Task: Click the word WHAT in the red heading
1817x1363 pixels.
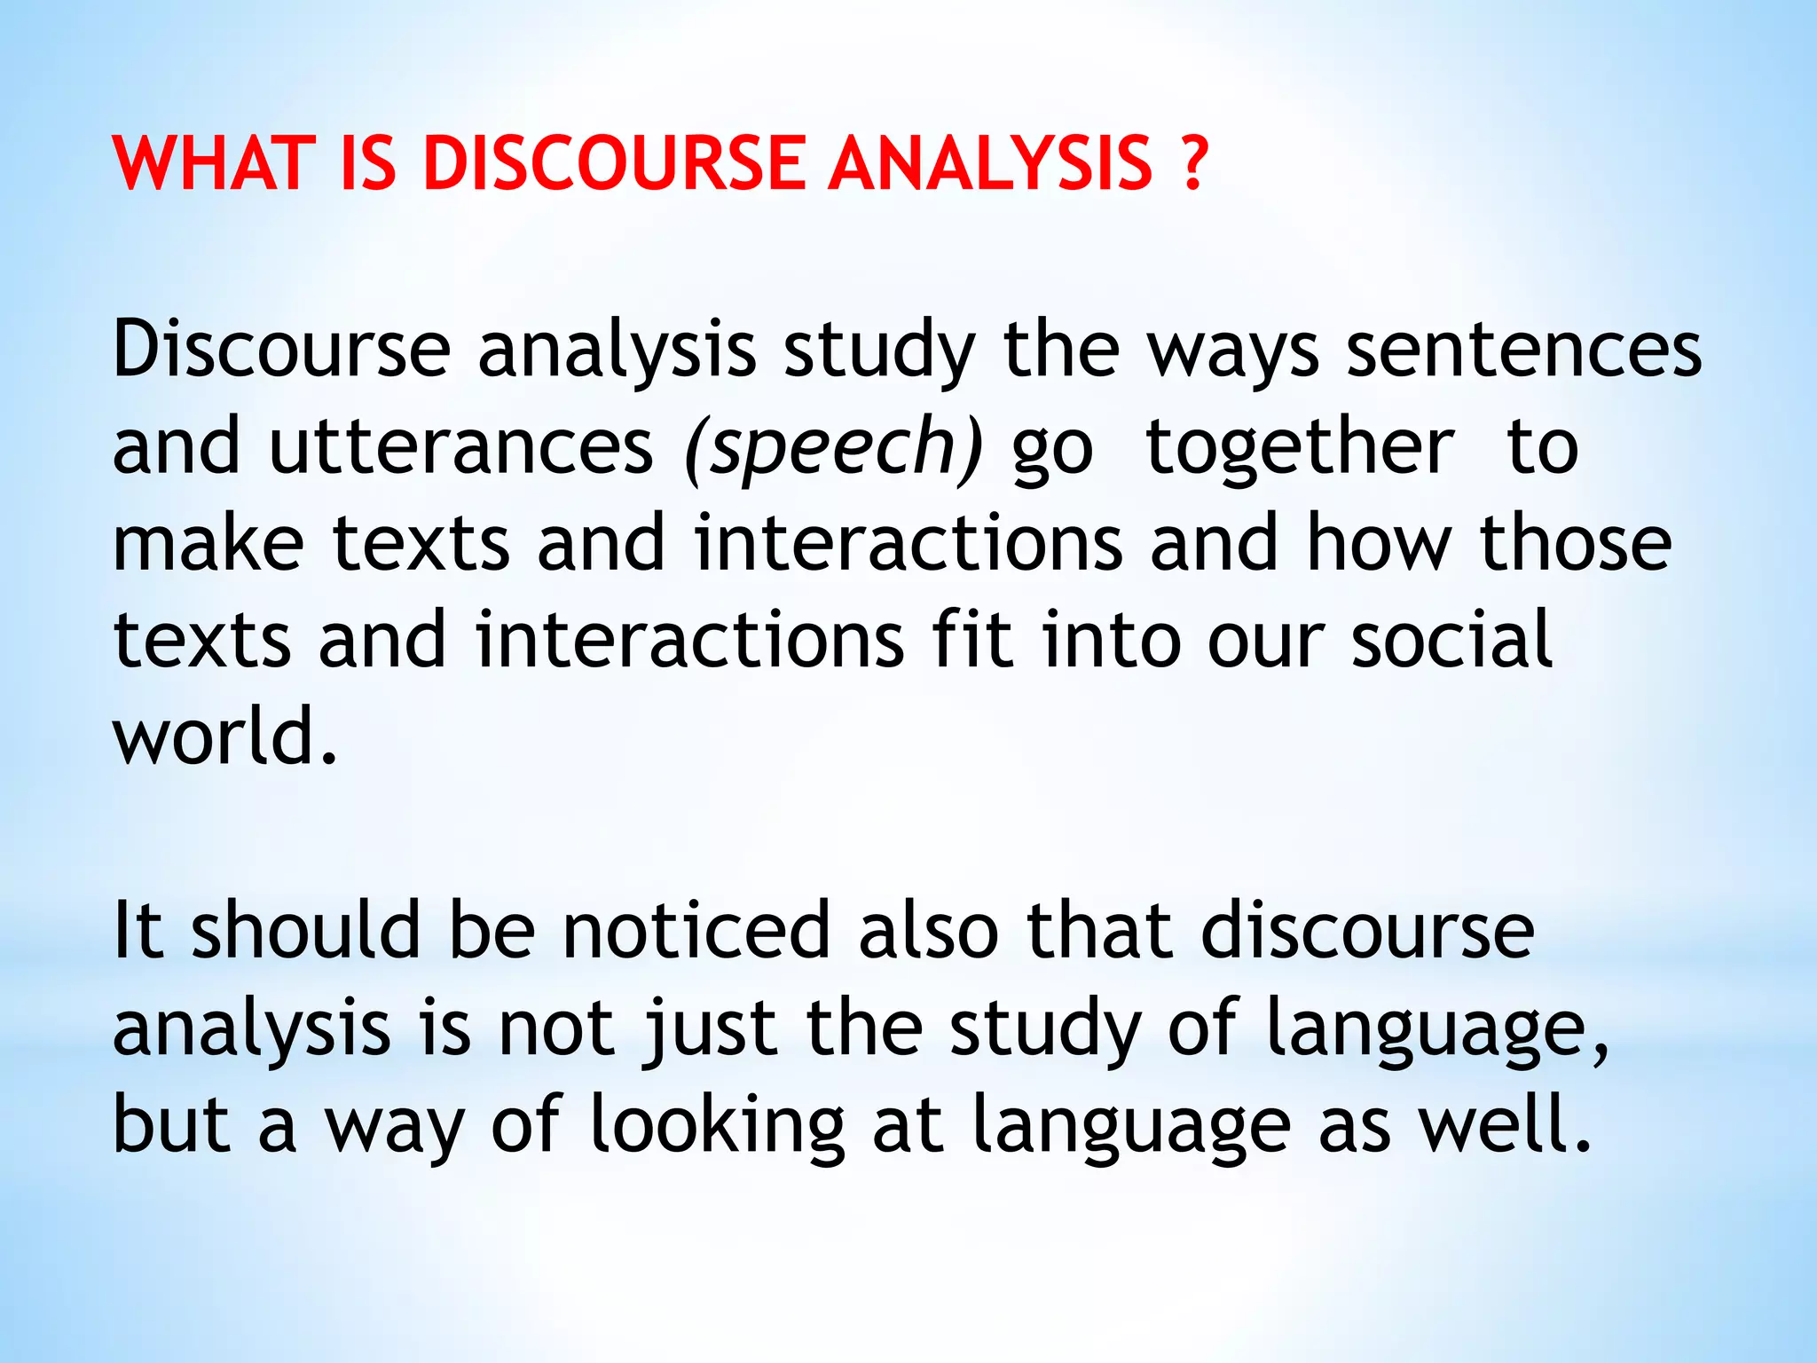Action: coord(214,163)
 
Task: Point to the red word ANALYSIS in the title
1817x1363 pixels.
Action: coord(989,163)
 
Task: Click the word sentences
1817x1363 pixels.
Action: coord(1523,351)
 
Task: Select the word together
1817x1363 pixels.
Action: coord(1300,448)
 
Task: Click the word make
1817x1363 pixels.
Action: coord(208,543)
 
